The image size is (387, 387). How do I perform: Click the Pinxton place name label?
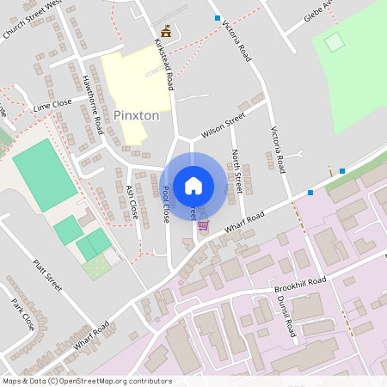pyautogui.click(x=136, y=114)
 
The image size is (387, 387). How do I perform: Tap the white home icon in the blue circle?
pyautogui.click(x=193, y=186)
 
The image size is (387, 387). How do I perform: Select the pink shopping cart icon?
pyautogui.click(x=203, y=225)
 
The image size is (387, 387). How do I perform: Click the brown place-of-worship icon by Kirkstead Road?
pyautogui.click(x=166, y=31)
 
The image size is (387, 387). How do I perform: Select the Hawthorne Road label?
pyautogui.click(x=92, y=104)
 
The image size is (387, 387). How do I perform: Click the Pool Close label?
pyautogui.click(x=165, y=205)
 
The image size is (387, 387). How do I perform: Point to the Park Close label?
pyautogui.click(x=23, y=315)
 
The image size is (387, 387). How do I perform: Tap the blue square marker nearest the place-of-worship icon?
pyautogui.click(x=218, y=18)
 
